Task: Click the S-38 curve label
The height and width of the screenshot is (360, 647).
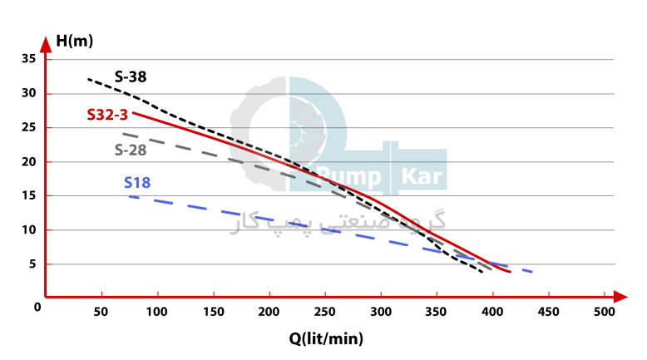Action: pyautogui.click(x=131, y=77)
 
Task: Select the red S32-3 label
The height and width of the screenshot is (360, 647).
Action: pyautogui.click(x=107, y=115)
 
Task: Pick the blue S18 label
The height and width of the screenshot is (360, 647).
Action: pyautogui.click(x=137, y=183)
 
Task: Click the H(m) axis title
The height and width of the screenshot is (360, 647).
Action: pyautogui.click(x=73, y=39)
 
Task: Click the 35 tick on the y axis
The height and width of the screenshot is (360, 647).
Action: pyautogui.click(x=29, y=59)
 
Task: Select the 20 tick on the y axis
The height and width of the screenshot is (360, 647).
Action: pyautogui.click(x=29, y=161)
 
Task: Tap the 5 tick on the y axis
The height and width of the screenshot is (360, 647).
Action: pyautogui.click(x=32, y=264)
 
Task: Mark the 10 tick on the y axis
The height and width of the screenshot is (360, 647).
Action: pyautogui.click(x=29, y=229)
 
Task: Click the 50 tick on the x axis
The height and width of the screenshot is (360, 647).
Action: pyautogui.click(x=101, y=311)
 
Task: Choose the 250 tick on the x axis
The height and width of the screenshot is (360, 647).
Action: pyautogui.click(x=325, y=311)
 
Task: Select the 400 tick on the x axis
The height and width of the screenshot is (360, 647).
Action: pyautogui.click(x=492, y=311)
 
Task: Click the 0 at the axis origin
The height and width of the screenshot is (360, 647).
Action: pyautogui.click(x=37, y=307)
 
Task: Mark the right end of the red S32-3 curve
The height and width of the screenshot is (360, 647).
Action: pyautogui.click(x=509, y=272)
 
